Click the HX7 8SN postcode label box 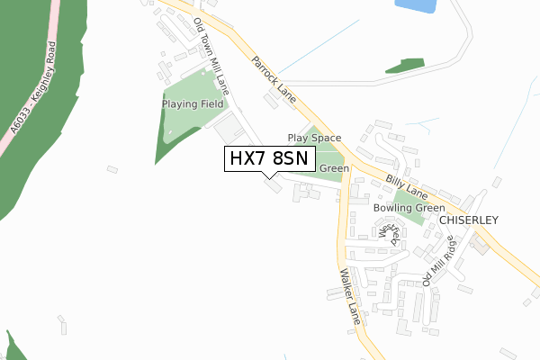[269, 158]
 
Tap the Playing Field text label [193, 104]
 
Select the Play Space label [314, 138]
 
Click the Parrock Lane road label [274, 78]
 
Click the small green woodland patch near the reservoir [405, 66]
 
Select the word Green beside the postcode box [334, 168]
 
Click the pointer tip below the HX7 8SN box [269, 177]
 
